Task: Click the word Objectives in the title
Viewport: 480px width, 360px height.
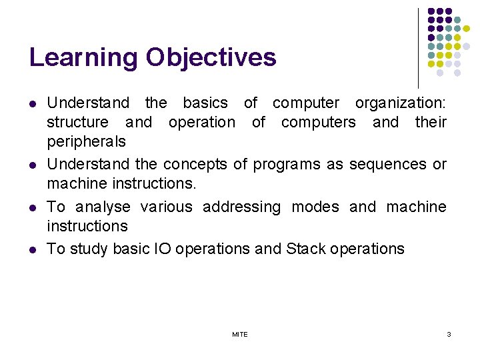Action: pos(211,58)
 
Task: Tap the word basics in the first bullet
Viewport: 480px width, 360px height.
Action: pos(205,103)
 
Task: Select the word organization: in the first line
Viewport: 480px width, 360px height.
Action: pos(401,103)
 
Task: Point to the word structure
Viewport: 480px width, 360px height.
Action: pos(77,123)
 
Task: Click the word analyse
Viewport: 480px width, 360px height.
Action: pos(101,207)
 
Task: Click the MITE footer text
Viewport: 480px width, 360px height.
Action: pos(240,335)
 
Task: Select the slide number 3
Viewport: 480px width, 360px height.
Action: pos(449,334)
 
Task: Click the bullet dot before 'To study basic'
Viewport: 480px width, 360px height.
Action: pos(32,250)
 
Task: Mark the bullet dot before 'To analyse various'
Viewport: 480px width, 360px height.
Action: pos(32,208)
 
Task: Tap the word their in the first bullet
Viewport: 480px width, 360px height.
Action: pos(431,123)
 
